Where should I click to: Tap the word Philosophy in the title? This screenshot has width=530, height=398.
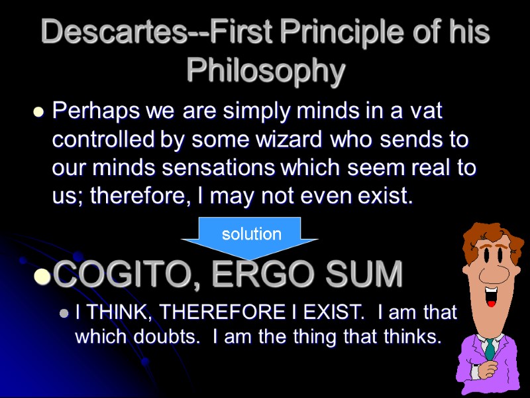point(266,70)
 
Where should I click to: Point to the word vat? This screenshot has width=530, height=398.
point(423,111)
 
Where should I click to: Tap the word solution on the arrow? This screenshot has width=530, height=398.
point(251,234)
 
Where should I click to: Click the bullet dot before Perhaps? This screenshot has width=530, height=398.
point(38,114)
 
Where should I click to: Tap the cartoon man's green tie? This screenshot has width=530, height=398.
point(490,348)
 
